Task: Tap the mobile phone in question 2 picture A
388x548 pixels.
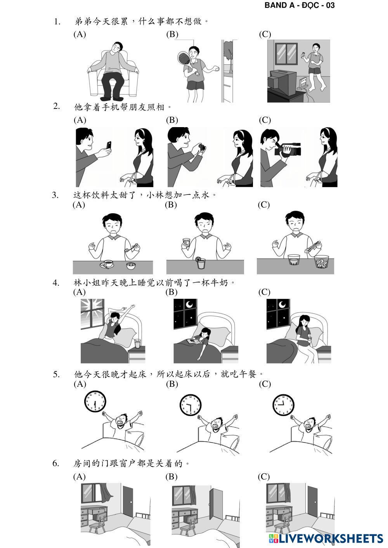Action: pyautogui.click(x=109, y=145)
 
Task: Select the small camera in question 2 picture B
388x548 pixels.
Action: pyautogui.click(x=202, y=148)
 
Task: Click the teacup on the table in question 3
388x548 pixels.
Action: pyautogui.click(x=107, y=264)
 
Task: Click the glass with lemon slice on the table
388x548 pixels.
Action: pyautogui.click(x=201, y=263)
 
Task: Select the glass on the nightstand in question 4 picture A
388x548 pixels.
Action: pyautogui.click(x=137, y=343)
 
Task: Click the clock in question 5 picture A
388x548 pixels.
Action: pyautogui.click(x=95, y=402)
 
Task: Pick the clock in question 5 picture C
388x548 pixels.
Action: pyautogui.click(x=283, y=405)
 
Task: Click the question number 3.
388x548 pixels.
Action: pyautogui.click(x=55, y=195)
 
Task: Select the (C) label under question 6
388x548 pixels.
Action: pyautogui.click(x=263, y=477)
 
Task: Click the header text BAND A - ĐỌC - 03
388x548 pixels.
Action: pyautogui.click(x=300, y=5)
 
